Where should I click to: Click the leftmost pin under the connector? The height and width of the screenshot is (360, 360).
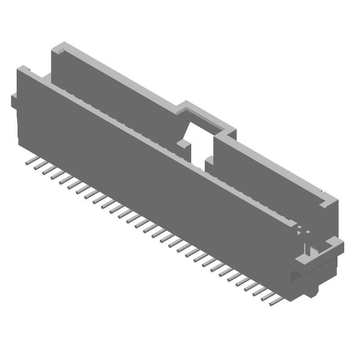30,161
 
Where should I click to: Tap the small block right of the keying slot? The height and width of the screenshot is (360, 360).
210,161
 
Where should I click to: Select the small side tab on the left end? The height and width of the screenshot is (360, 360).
14,101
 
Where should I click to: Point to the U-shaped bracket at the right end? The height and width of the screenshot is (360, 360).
319,254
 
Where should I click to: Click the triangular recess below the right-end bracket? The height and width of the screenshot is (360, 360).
295,275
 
